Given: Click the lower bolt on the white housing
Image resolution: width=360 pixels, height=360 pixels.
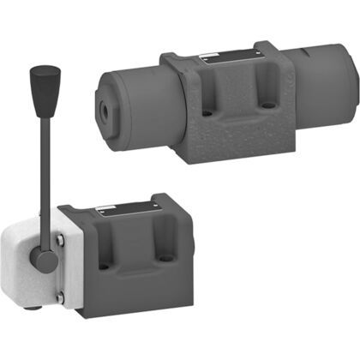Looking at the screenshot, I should coord(59,297).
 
